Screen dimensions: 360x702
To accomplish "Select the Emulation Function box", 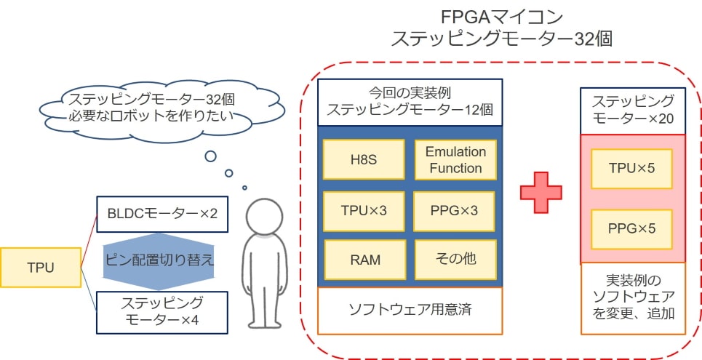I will (455, 160).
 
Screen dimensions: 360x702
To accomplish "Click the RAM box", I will (364, 259).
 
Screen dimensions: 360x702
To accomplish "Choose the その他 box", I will (455, 259).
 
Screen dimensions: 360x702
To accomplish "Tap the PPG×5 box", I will (631, 228).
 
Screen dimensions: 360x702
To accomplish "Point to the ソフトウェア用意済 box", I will (410, 309).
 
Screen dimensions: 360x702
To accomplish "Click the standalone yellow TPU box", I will (40, 267).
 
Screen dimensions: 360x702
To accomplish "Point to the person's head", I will (264, 217).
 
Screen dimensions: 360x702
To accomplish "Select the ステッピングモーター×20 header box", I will (631, 111).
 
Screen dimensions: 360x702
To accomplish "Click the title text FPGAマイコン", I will (502, 16).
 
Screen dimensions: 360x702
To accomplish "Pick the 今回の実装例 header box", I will (410, 102).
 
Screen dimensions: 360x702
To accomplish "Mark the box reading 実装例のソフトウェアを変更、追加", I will (631, 297).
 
